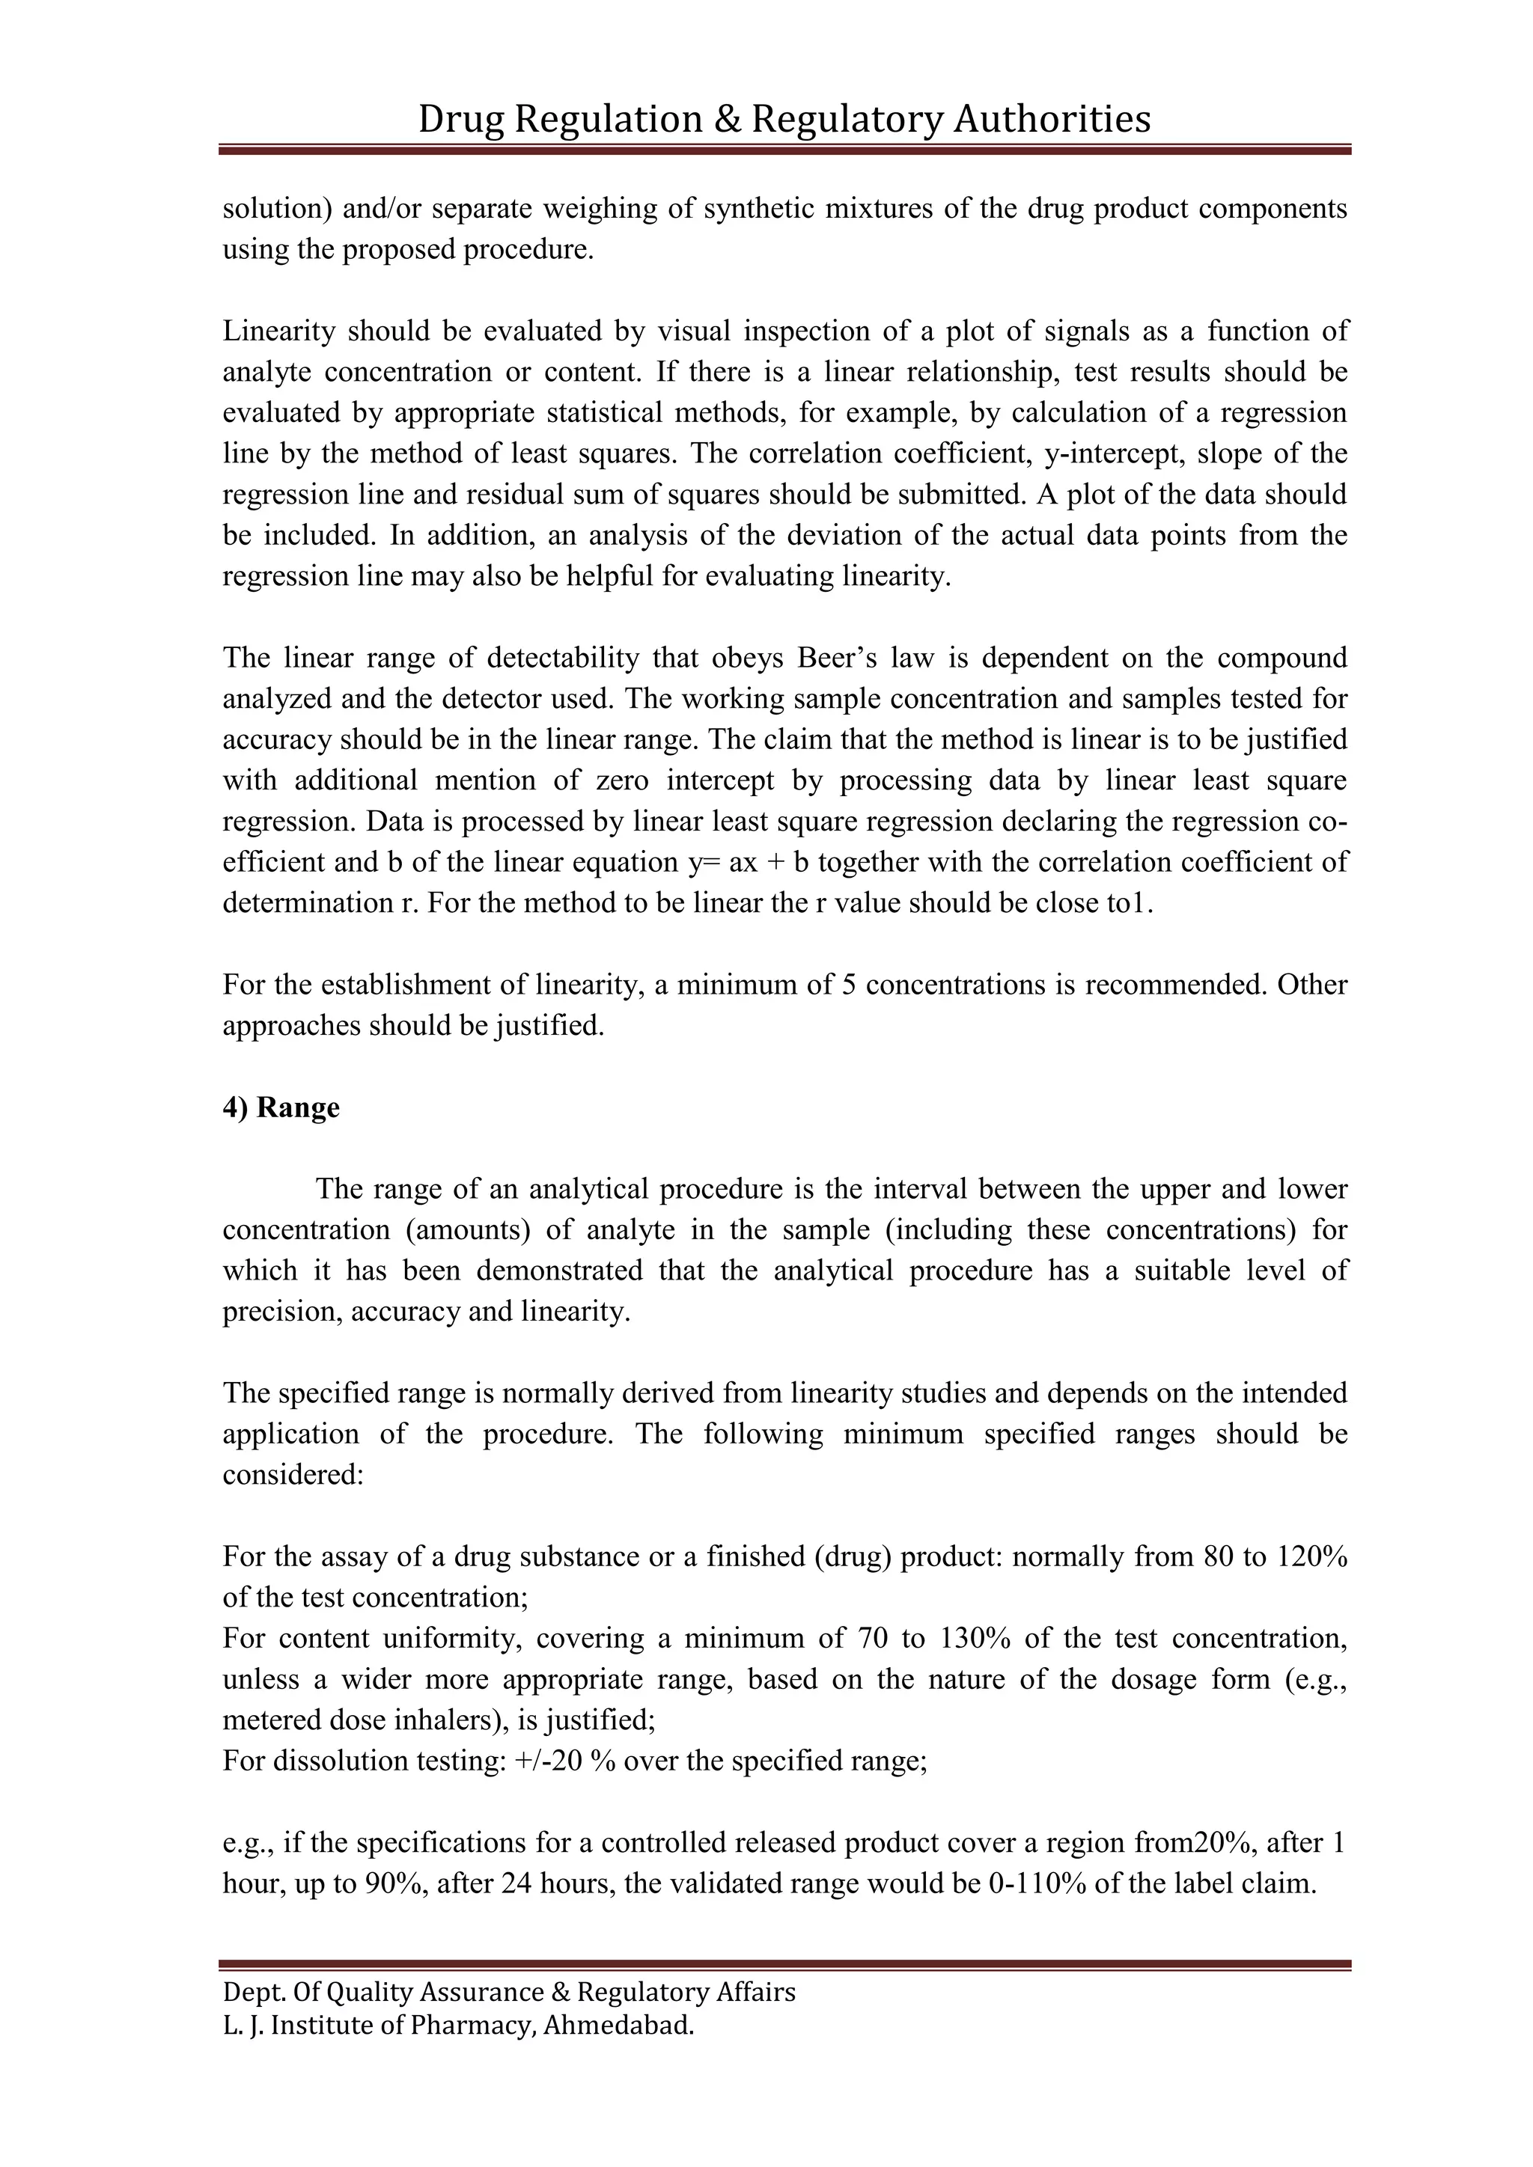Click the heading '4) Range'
(281, 1107)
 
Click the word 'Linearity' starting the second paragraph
(279, 331)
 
